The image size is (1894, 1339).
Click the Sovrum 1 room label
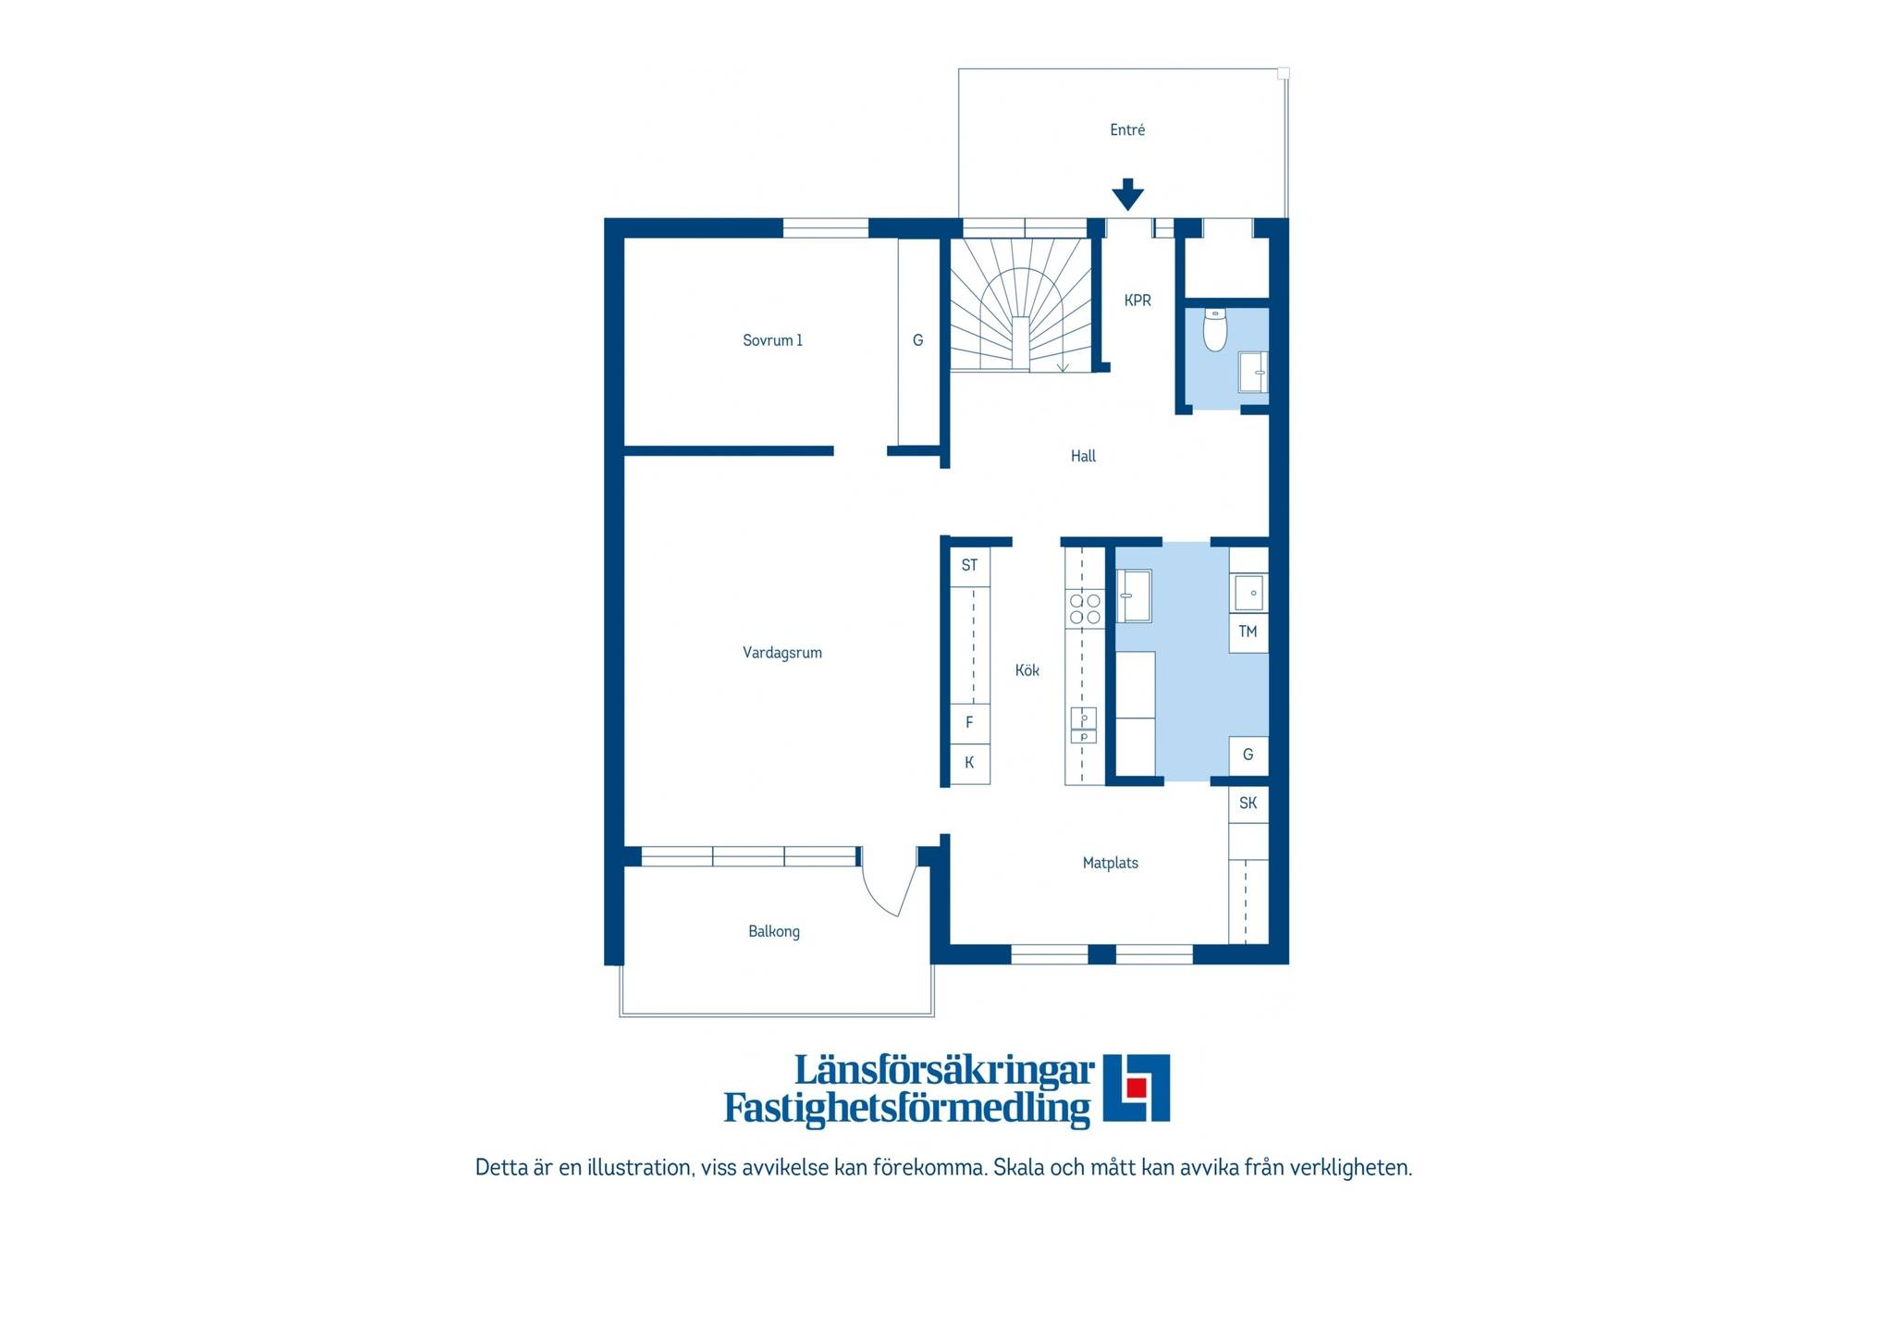point(772,340)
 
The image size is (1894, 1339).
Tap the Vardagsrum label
point(782,653)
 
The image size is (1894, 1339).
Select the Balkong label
point(774,931)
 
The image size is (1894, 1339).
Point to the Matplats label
point(1111,863)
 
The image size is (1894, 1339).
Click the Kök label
point(1027,670)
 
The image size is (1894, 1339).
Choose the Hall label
point(1083,456)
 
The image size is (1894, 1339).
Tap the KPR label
point(1138,301)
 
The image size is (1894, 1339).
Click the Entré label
point(1127,130)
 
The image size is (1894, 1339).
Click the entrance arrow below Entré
point(1127,194)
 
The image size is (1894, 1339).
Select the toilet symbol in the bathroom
point(1215,330)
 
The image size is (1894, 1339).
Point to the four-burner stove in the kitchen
point(1085,608)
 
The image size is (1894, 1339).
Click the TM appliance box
point(1248,633)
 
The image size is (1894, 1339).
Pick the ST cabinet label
point(969,565)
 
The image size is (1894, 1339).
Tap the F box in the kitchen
point(970,723)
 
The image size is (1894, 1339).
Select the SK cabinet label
point(1248,803)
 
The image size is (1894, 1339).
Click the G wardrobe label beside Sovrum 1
point(917,340)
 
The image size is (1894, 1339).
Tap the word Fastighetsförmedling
point(907,1108)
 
